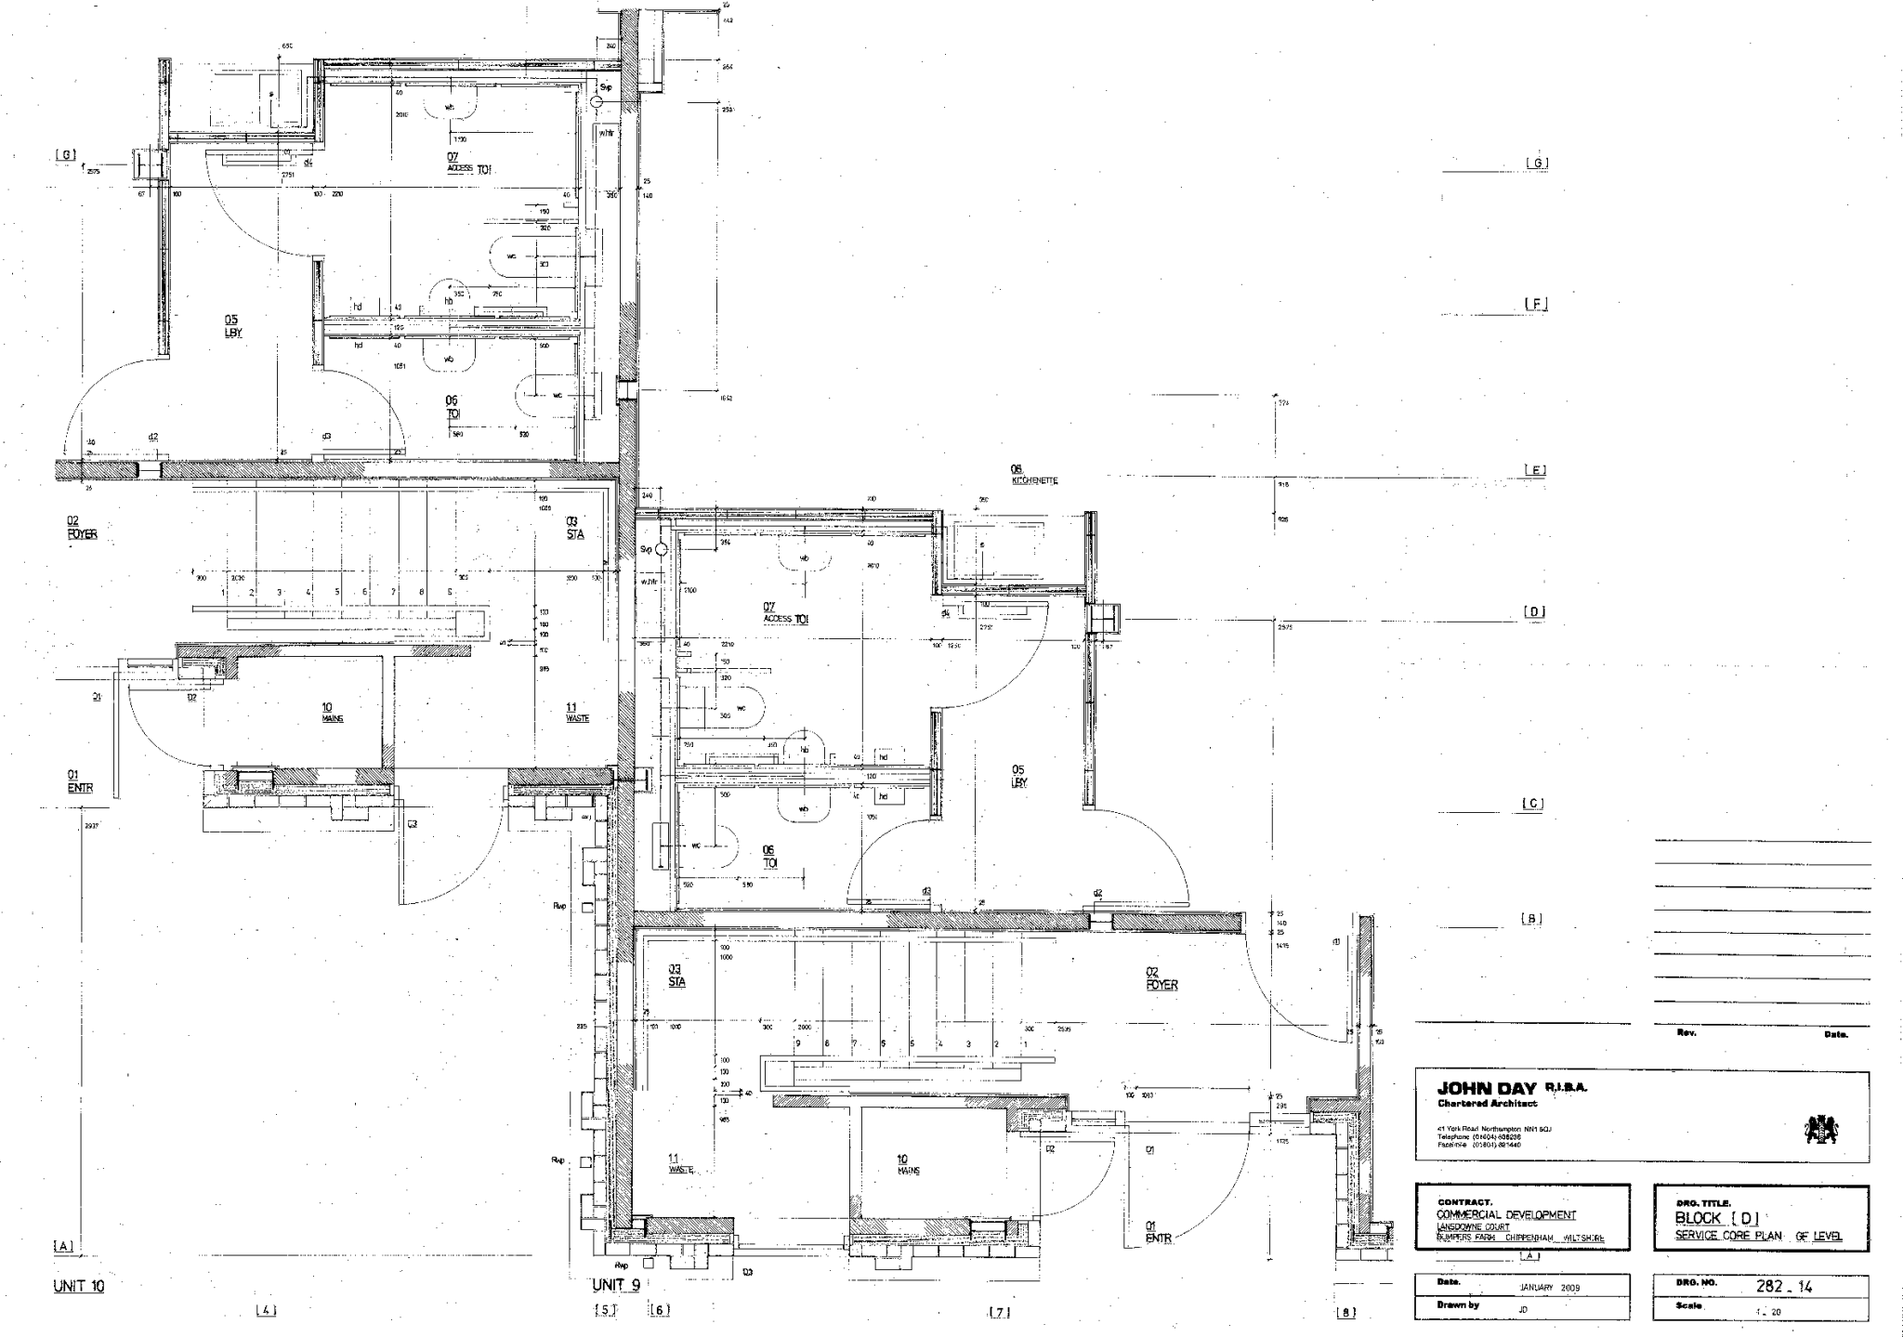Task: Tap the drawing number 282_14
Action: point(1783,1288)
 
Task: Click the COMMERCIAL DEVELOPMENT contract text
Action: point(1505,1214)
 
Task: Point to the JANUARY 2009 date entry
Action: point(1549,1288)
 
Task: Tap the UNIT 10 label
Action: point(79,1287)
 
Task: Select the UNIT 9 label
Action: point(616,1286)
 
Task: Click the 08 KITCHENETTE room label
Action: point(1033,475)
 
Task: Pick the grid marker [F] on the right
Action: point(1536,304)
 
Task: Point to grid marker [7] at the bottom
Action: point(999,1313)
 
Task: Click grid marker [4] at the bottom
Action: point(266,1310)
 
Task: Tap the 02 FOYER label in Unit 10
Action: point(82,528)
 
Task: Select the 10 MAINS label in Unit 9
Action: point(908,1164)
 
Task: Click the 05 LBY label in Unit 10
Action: point(232,326)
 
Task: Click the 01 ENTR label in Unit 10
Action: point(80,781)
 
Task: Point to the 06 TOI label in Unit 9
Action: point(769,856)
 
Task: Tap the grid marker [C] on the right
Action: point(1533,804)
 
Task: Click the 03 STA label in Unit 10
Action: point(575,528)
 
